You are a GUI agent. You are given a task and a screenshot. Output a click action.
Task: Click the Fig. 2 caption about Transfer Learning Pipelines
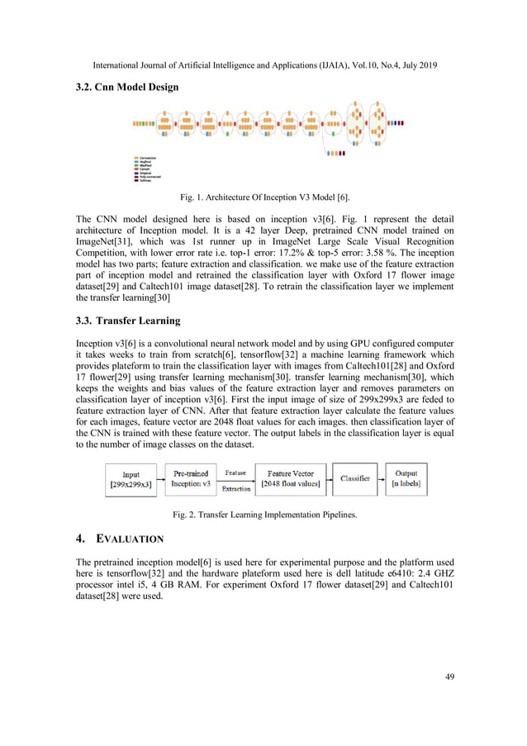[x=263, y=515]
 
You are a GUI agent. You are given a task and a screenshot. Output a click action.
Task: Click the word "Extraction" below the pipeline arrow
[x=235, y=488]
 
